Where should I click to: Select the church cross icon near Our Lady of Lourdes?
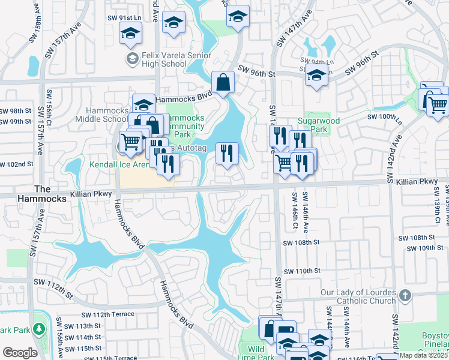(x=405, y=295)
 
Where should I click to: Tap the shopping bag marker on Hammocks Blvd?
(x=223, y=83)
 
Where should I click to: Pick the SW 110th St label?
(x=303, y=271)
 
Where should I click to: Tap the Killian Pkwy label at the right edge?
(x=417, y=181)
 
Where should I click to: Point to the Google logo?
(x=20, y=353)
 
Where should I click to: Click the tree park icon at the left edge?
(x=39, y=329)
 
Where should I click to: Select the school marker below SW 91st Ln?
(x=130, y=35)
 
